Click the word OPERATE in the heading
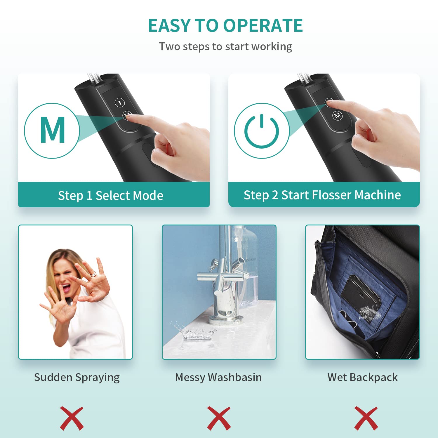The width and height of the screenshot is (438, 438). (263, 25)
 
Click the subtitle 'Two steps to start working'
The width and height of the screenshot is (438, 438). (225, 47)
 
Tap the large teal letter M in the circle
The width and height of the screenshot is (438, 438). (53, 130)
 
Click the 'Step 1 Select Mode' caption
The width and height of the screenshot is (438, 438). (111, 195)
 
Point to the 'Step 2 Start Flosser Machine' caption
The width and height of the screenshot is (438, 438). (322, 195)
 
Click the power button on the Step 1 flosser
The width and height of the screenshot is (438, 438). (119, 102)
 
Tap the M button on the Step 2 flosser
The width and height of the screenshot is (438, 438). (337, 115)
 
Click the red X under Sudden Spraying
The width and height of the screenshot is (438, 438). (72, 418)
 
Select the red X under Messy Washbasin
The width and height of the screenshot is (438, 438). (219, 418)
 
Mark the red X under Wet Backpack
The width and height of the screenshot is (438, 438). (366, 418)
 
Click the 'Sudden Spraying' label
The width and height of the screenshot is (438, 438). (77, 378)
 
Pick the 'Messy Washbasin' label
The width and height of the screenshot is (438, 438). (218, 377)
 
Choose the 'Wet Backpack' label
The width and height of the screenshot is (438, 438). (362, 377)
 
